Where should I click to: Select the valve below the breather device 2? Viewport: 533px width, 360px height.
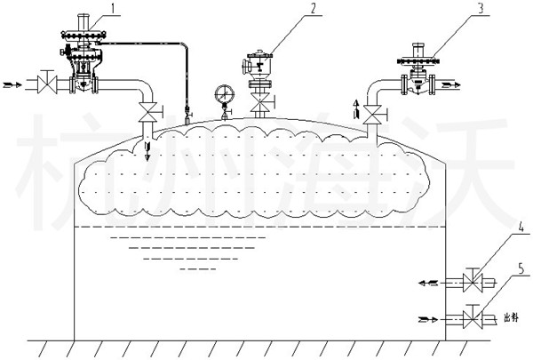pos(260,109)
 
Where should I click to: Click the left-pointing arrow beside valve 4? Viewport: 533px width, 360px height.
pos(427,283)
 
